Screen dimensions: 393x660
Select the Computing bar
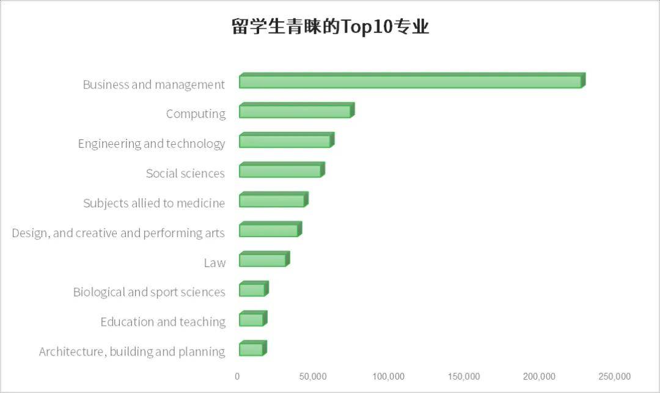point(296,111)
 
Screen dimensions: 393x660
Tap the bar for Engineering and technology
point(285,141)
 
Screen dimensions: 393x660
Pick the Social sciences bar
point(280,171)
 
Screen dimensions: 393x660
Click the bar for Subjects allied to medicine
point(273,200)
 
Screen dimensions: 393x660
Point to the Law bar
point(263,260)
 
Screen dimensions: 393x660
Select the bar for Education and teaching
point(252,320)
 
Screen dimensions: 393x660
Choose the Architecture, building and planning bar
point(252,349)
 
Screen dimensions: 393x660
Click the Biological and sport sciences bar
point(252,290)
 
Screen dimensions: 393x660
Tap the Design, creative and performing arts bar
point(269,230)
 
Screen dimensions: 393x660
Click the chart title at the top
point(330,28)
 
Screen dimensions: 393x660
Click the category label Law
point(215,263)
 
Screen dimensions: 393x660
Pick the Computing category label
point(196,114)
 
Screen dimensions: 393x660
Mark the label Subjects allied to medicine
point(154,204)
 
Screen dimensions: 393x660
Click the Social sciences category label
point(185,174)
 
